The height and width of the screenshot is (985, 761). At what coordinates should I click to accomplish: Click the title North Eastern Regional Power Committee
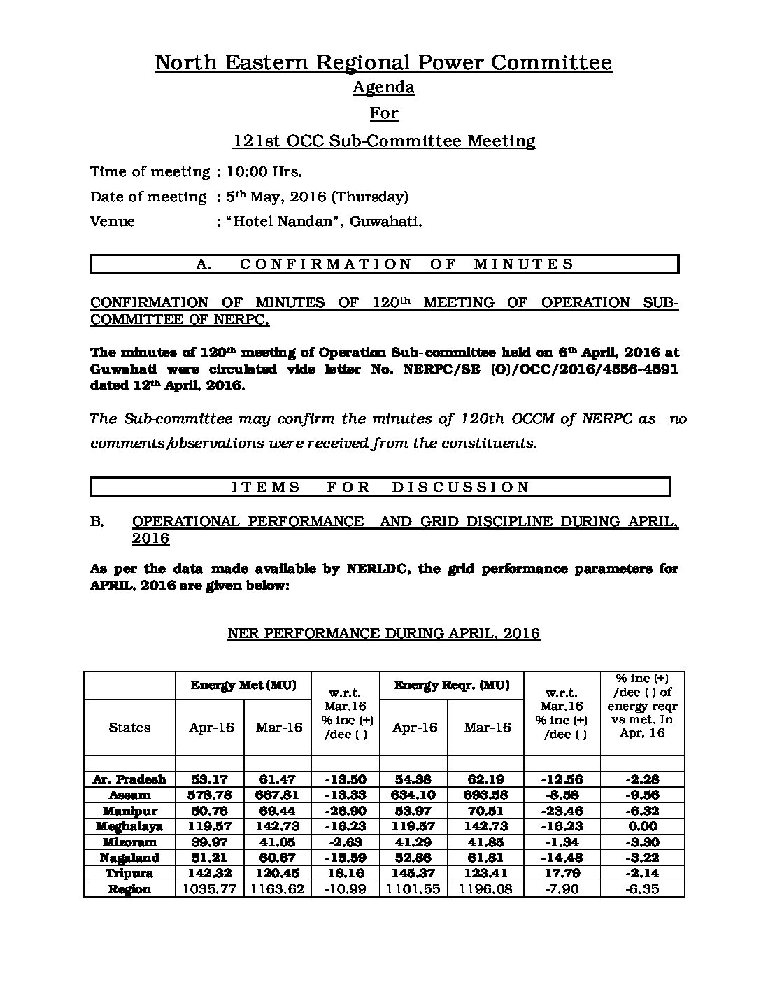(383, 63)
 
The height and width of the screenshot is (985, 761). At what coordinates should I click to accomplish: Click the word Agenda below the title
(383, 87)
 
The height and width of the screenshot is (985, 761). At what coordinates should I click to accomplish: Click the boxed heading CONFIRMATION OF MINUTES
(385, 264)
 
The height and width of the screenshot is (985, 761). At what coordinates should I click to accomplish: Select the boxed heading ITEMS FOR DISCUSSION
(380, 487)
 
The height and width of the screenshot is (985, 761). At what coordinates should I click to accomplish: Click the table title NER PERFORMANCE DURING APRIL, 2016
(383, 634)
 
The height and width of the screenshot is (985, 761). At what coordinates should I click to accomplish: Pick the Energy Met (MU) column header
(243, 686)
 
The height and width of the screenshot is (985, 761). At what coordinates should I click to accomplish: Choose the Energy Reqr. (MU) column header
(451, 686)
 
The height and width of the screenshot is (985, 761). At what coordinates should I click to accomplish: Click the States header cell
(129, 728)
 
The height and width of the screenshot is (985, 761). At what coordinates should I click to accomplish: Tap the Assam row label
(129, 795)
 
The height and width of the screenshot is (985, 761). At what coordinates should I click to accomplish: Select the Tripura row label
(129, 874)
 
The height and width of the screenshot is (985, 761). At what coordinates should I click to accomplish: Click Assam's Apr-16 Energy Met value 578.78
(211, 795)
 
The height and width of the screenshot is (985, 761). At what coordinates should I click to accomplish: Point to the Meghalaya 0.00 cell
(641, 827)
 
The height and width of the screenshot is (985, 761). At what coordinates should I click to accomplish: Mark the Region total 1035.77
(211, 890)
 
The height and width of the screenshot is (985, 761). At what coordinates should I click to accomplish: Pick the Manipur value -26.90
(345, 811)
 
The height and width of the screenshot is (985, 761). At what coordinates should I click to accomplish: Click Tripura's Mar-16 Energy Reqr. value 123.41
(485, 874)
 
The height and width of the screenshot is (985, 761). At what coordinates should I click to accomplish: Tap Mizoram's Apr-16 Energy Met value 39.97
(211, 842)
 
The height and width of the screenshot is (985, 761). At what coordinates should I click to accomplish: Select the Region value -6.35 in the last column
(641, 890)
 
